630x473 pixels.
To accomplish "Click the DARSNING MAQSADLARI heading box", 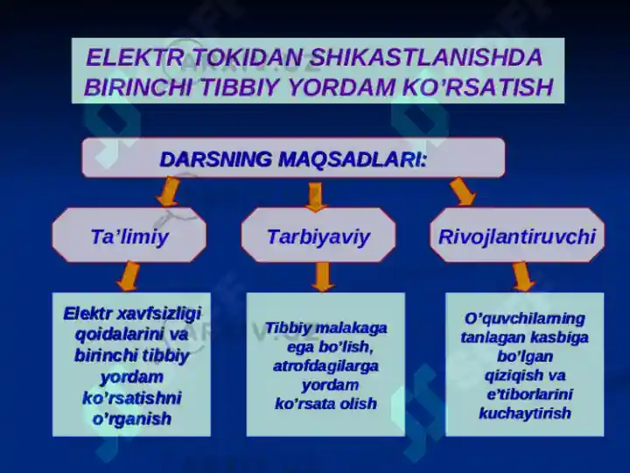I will point(293,159).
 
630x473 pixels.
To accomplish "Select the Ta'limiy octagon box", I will point(129,236).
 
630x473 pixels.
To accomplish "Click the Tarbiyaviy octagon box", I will point(318,236).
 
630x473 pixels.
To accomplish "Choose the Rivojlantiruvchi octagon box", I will point(516,236).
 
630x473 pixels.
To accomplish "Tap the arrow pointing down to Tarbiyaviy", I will point(316,195).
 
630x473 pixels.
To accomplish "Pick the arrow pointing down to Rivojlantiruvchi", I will point(461,192).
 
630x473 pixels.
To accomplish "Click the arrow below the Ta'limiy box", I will point(129,276).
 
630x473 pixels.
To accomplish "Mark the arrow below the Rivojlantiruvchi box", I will point(523,276).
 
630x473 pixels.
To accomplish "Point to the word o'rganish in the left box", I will point(131,419).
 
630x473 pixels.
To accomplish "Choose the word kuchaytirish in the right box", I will point(525,413).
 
